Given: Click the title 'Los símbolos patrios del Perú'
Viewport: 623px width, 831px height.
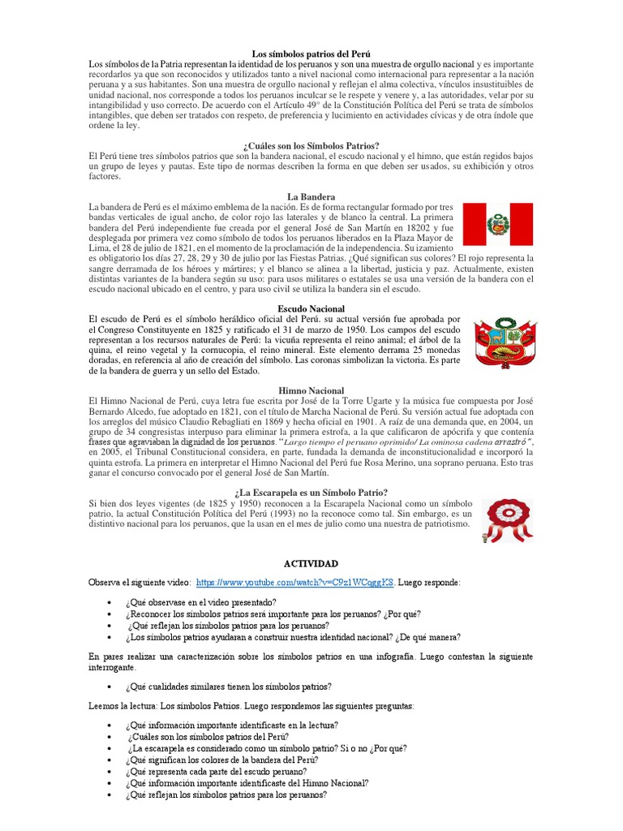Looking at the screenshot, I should click(x=311, y=52).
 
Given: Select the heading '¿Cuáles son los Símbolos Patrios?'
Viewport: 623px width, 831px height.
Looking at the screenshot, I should click(x=311, y=145).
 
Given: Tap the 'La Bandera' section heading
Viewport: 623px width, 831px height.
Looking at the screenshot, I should click(x=311, y=197).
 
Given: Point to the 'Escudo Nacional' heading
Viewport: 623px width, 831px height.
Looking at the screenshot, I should click(x=311, y=309).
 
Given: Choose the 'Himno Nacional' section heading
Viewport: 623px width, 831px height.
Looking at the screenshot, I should click(x=311, y=390).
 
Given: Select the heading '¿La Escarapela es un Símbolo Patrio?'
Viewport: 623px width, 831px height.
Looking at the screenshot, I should click(x=311, y=493).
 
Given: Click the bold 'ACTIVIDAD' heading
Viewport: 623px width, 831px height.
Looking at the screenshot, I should click(x=311, y=563).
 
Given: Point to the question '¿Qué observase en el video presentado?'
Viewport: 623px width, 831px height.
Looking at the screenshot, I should click(x=200, y=602).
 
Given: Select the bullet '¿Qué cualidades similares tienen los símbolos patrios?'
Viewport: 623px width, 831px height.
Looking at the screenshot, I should click(x=228, y=687).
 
